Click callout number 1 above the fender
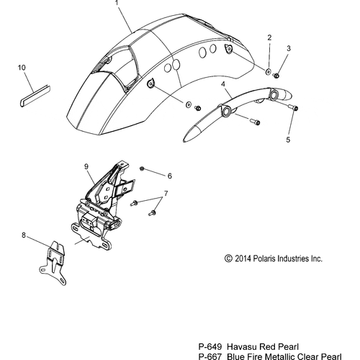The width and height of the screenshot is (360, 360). (117, 3)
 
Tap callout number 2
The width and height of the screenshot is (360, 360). (269, 37)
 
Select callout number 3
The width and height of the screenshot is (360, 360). (289, 48)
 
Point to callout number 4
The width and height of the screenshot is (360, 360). (223, 84)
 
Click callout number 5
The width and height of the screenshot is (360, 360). (288, 140)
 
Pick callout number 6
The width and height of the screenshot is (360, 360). (170, 176)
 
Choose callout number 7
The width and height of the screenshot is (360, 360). (166, 193)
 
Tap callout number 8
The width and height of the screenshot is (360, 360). (24, 235)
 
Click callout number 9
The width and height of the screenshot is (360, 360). (86, 166)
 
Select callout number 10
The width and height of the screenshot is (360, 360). (22, 68)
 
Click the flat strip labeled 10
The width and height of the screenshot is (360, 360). (35, 95)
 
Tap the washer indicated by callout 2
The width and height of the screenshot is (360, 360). (268, 71)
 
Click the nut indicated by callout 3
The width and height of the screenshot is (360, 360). (276, 76)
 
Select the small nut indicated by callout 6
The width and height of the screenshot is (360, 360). (142, 168)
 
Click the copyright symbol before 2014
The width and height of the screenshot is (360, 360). (228, 258)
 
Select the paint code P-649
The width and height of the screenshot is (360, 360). (210, 347)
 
